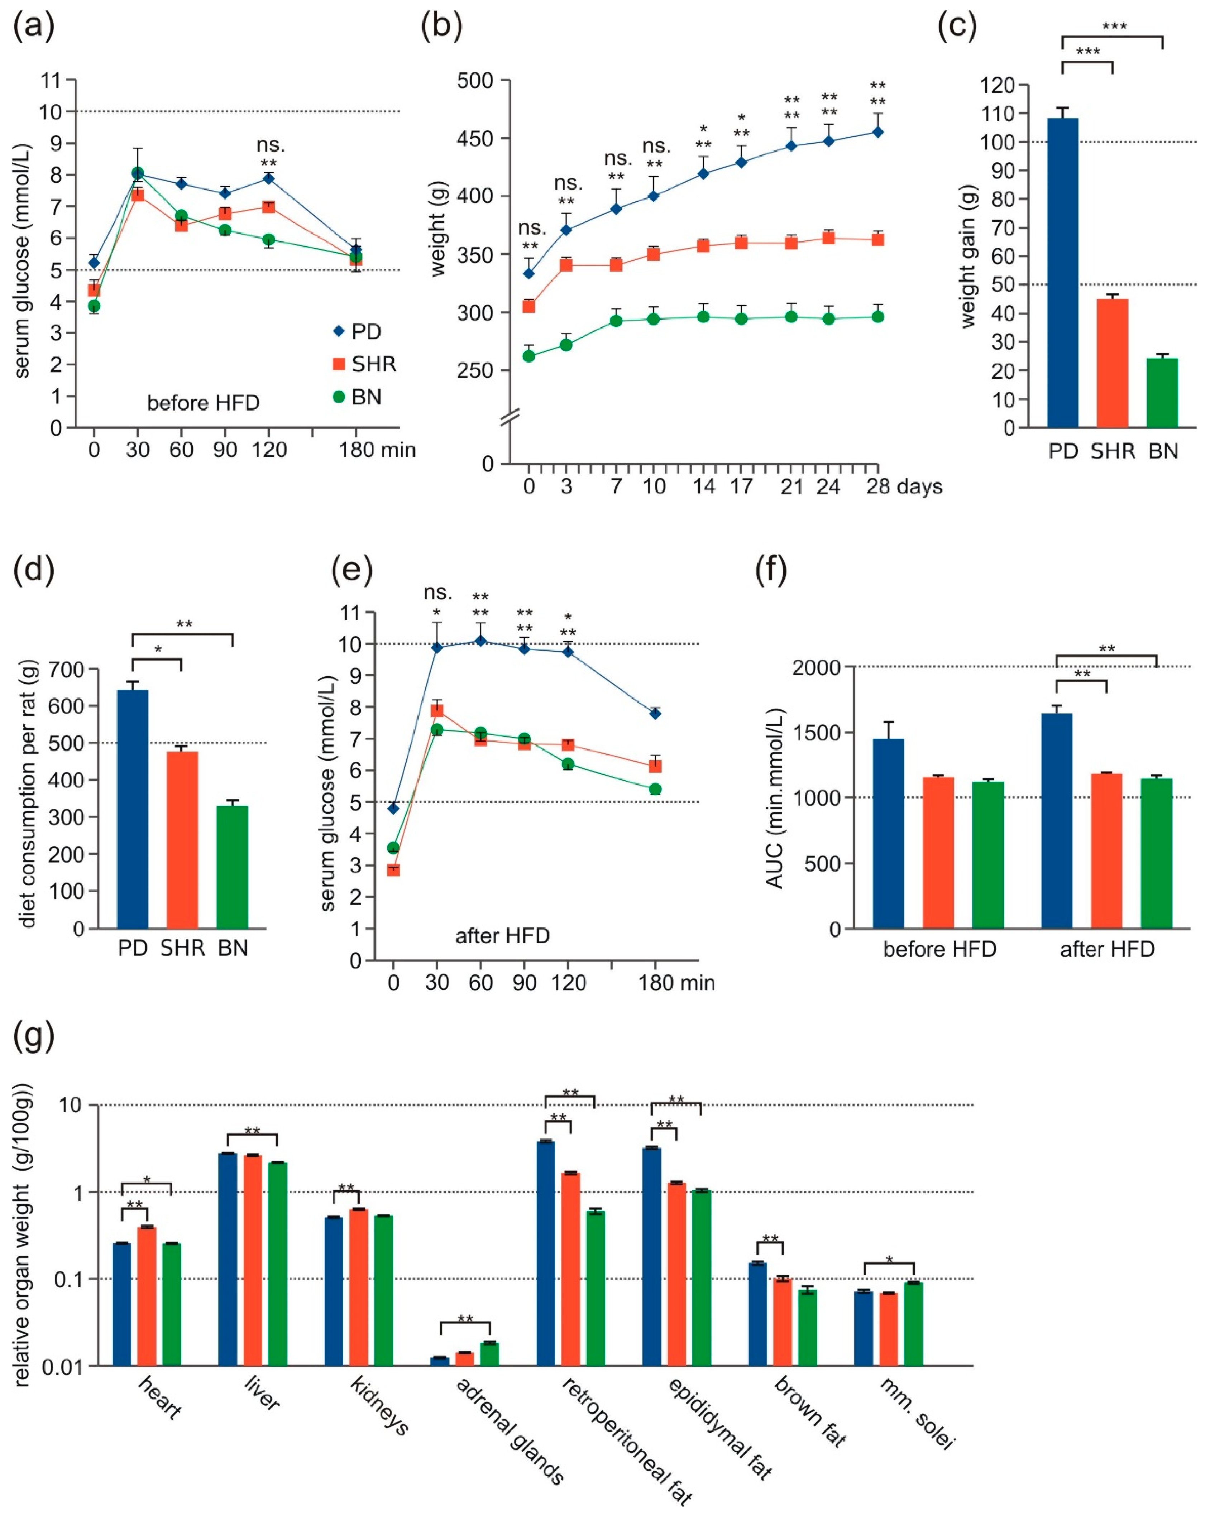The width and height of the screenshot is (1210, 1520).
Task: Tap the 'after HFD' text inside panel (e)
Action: click(502, 936)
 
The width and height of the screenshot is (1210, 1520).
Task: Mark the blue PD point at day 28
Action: click(877, 132)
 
